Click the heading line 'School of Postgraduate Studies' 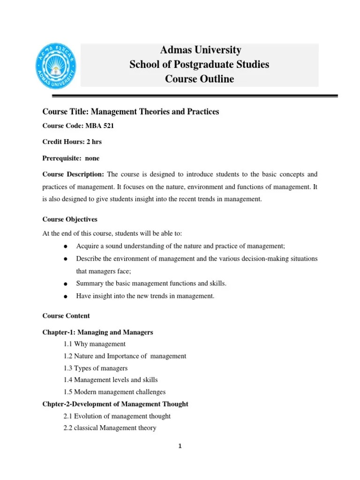(199, 64)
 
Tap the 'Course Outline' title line (199, 79)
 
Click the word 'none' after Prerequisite (92, 158)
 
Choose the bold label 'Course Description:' (73, 174)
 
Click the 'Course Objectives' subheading (70, 219)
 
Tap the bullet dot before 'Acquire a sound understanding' (67, 247)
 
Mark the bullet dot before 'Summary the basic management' (67, 284)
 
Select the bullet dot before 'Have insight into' (67, 296)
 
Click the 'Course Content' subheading (66, 316)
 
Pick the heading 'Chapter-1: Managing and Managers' (97, 332)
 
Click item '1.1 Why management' (94, 344)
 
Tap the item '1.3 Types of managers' (95, 368)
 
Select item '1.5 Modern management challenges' (114, 392)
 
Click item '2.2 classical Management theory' (110, 428)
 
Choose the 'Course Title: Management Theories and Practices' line (131, 112)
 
